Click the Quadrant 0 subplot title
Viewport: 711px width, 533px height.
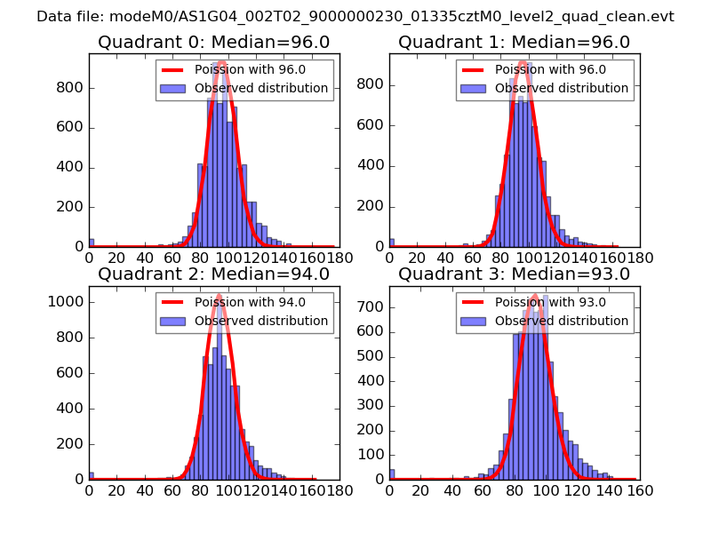[213, 43]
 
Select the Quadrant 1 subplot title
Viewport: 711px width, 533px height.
[514, 43]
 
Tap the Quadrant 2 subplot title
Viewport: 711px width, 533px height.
[213, 274]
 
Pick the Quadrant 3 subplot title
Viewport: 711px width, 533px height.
[514, 274]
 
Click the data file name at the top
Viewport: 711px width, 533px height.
[355, 17]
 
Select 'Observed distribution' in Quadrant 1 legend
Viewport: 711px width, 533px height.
[562, 89]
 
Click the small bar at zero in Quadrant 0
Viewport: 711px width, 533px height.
[91, 243]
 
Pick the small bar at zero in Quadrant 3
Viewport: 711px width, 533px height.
[392, 474]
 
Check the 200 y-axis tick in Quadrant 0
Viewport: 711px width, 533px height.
[70, 207]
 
